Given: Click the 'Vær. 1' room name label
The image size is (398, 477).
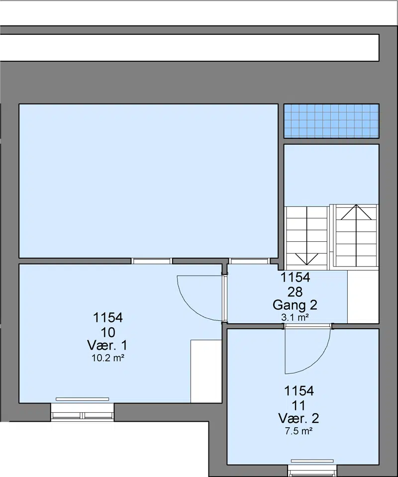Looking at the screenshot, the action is tap(107, 345).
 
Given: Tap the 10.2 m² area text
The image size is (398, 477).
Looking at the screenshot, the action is tap(108, 358).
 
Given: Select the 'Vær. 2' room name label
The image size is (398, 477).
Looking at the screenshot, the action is tap(299, 419).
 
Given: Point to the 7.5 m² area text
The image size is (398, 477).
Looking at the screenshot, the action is tap(299, 431).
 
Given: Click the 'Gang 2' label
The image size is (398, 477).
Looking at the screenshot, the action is tap(295, 305).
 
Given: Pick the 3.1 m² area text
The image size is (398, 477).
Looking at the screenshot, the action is tap(295, 318).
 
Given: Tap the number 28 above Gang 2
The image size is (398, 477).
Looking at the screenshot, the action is tap(295, 292).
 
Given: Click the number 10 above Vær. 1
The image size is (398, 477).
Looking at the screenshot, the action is tap(108, 332).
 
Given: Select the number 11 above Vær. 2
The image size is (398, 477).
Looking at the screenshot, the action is tap(299, 405).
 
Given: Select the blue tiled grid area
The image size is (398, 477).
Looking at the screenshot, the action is tap(331, 121).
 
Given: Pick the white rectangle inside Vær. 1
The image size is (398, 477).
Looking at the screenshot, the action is tap(206, 371).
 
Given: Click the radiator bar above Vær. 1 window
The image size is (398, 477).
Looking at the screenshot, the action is tap(82, 399).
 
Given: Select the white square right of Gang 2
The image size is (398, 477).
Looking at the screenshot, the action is tap(363, 297).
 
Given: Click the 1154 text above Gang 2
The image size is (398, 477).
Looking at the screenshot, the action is tap(295, 278).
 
